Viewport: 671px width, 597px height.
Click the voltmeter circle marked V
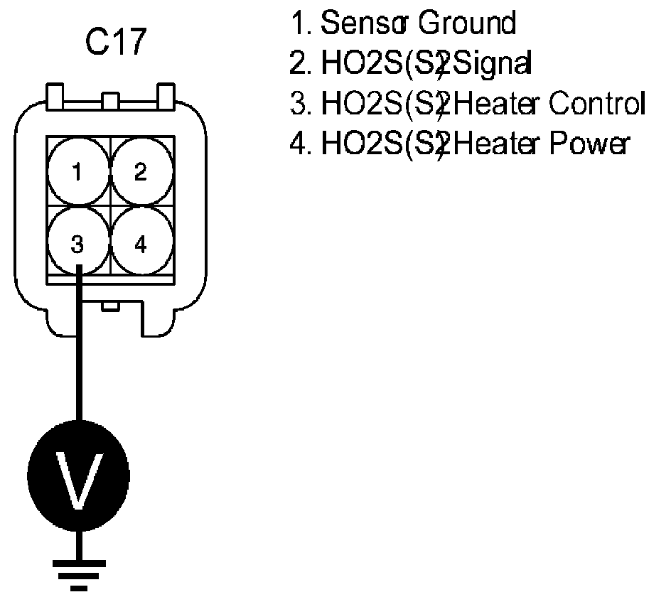tap(78, 475)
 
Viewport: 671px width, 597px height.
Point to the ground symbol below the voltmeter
tap(79, 572)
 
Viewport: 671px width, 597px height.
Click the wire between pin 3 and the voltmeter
tap(79, 355)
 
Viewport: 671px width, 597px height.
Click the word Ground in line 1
tap(466, 24)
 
